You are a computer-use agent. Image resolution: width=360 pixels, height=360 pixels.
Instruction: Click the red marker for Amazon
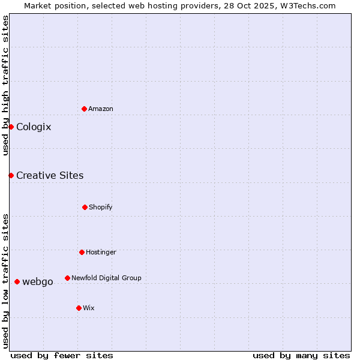(x=84, y=109)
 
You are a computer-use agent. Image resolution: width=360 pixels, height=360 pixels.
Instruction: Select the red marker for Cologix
(x=11, y=127)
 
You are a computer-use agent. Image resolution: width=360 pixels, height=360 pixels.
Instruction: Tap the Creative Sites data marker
(x=11, y=175)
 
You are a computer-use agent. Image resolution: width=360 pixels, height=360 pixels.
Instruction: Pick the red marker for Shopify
(x=85, y=207)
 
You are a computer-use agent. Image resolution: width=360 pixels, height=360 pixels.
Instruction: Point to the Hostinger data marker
(x=82, y=252)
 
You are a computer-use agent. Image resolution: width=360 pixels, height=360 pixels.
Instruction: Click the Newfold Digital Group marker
(x=67, y=278)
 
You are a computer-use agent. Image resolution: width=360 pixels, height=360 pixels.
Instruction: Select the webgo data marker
(x=17, y=281)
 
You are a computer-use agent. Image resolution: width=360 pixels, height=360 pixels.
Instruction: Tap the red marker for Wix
(x=79, y=308)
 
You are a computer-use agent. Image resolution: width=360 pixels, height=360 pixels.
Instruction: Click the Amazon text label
(x=101, y=109)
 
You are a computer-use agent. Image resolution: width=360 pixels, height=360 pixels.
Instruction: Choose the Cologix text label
(x=34, y=127)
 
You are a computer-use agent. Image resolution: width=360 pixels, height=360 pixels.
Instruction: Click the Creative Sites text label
(x=50, y=175)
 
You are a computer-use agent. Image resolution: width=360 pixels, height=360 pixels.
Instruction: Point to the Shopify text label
(x=101, y=207)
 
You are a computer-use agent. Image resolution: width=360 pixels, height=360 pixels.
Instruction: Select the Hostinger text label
(x=101, y=252)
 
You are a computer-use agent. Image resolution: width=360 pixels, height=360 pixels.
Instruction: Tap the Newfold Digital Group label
(x=106, y=278)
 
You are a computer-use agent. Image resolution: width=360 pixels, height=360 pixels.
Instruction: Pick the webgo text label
(x=38, y=281)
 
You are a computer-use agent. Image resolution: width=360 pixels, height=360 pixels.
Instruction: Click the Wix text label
(x=89, y=308)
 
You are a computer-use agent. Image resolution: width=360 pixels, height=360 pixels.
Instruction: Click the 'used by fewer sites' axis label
(x=62, y=355)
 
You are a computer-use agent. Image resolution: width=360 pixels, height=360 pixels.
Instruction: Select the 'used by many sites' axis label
(x=301, y=355)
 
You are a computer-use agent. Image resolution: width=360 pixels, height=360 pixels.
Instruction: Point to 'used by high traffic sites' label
(x=5, y=85)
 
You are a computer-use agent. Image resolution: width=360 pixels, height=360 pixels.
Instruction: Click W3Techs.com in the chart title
(x=307, y=5)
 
